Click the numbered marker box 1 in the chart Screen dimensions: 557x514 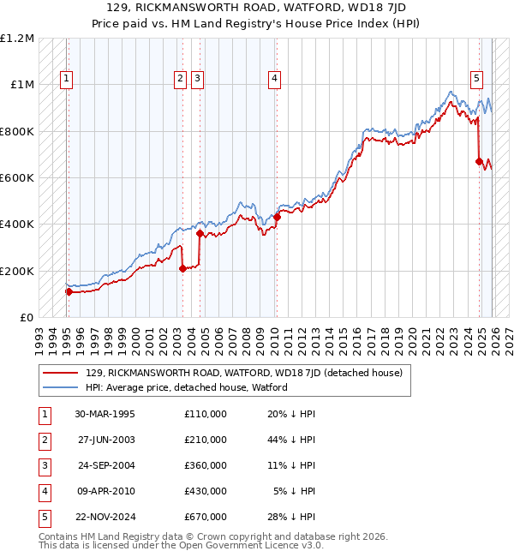67,79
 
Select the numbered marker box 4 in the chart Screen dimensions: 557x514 274,79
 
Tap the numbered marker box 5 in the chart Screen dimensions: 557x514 476,79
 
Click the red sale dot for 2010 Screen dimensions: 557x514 277,218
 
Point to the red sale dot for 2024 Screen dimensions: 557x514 479,161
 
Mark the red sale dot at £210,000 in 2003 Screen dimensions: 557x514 182,268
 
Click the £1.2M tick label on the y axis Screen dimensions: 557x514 18,39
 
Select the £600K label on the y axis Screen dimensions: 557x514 18,178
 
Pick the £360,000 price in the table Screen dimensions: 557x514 205,465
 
